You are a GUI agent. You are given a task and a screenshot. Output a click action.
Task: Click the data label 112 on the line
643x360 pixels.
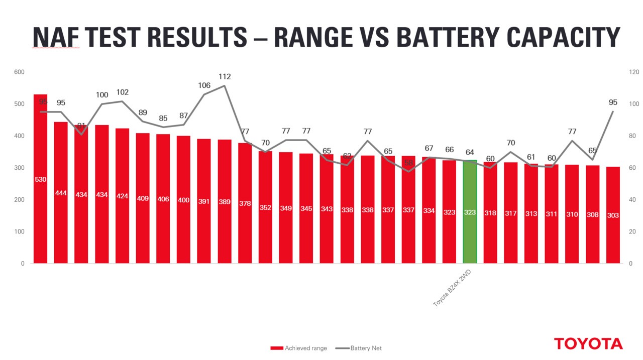tap(225, 77)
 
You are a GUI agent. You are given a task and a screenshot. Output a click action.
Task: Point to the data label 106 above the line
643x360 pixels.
tap(204, 85)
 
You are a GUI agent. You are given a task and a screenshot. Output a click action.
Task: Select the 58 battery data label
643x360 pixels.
tap(408, 163)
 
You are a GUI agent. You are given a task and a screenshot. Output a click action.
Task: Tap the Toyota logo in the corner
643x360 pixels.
tap(588, 344)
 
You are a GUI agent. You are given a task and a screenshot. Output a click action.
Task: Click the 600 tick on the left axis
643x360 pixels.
tap(19, 72)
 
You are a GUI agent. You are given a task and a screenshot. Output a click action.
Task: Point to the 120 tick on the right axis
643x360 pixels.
tap(634, 72)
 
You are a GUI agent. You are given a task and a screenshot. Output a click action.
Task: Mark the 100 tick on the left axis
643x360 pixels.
tap(19, 231)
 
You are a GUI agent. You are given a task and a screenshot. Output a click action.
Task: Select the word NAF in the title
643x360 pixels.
tap(56, 37)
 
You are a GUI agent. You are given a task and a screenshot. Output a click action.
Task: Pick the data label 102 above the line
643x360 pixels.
tap(122, 92)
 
